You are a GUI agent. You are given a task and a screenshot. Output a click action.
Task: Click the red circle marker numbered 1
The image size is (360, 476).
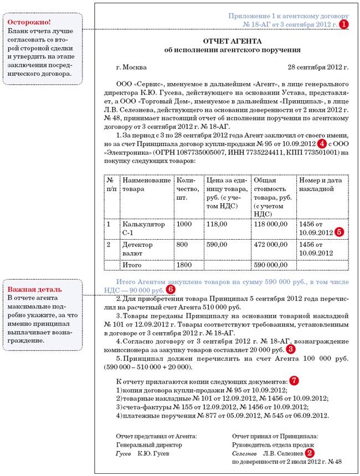click(344, 24)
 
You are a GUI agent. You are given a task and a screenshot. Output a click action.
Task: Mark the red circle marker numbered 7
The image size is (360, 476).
click(294, 381)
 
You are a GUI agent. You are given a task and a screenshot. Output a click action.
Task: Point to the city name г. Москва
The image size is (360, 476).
click(131, 66)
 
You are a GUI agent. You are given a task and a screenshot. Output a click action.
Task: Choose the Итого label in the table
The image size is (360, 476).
click(131, 266)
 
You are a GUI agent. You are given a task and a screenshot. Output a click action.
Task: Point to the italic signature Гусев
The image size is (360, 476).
click(124, 453)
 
